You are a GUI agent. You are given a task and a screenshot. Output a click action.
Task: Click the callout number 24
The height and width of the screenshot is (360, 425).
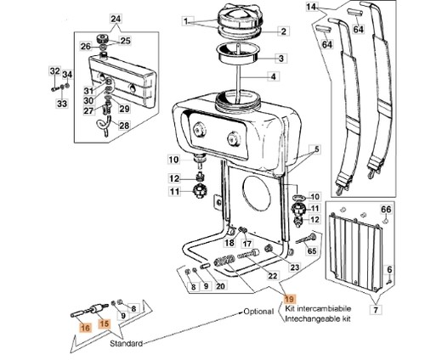tap(116, 19)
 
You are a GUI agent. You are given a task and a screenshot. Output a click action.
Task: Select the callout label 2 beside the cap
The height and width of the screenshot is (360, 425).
tap(284, 31)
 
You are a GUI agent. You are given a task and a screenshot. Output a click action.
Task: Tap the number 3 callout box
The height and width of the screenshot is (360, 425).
tap(280, 59)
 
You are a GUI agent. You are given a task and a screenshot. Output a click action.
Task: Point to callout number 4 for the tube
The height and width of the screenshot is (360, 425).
tap(273, 76)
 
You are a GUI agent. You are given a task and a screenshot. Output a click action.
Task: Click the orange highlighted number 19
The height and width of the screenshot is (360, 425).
tap(290, 299)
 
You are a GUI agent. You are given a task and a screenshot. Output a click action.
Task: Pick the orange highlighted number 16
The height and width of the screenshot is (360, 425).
tap(85, 328)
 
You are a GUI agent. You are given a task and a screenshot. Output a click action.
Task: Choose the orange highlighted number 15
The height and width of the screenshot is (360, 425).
tap(105, 323)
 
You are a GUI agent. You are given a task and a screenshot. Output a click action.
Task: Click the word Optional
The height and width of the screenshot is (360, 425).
tap(258, 312)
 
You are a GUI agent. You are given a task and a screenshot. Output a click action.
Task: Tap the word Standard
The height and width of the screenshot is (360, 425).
tap(126, 343)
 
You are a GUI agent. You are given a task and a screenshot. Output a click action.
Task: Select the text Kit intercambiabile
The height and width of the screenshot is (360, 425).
tap(318, 308)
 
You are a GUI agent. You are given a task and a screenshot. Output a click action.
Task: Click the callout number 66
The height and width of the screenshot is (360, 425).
tap(386, 210)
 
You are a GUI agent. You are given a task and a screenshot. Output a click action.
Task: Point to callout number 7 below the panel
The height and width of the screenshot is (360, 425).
tap(376, 310)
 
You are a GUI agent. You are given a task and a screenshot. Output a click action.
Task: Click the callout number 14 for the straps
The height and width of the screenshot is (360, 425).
tap(311, 7)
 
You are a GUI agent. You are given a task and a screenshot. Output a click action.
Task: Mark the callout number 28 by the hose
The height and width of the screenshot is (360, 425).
tap(124, 126)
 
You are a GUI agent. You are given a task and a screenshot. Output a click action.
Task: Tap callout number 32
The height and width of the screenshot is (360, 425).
tap(55, 71)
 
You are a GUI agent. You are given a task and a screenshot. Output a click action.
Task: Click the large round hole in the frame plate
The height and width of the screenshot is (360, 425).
tap(257, 193)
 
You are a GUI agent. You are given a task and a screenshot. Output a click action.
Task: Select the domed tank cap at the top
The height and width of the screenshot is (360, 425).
tap(241, 18)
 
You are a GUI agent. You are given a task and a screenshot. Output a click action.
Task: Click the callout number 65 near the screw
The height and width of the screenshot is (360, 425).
tap(312, 250)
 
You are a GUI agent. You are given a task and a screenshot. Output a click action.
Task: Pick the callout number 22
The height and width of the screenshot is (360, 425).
tap(273, 275)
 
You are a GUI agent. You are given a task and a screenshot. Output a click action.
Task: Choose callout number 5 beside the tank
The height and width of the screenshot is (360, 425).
tap(317, 149)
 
